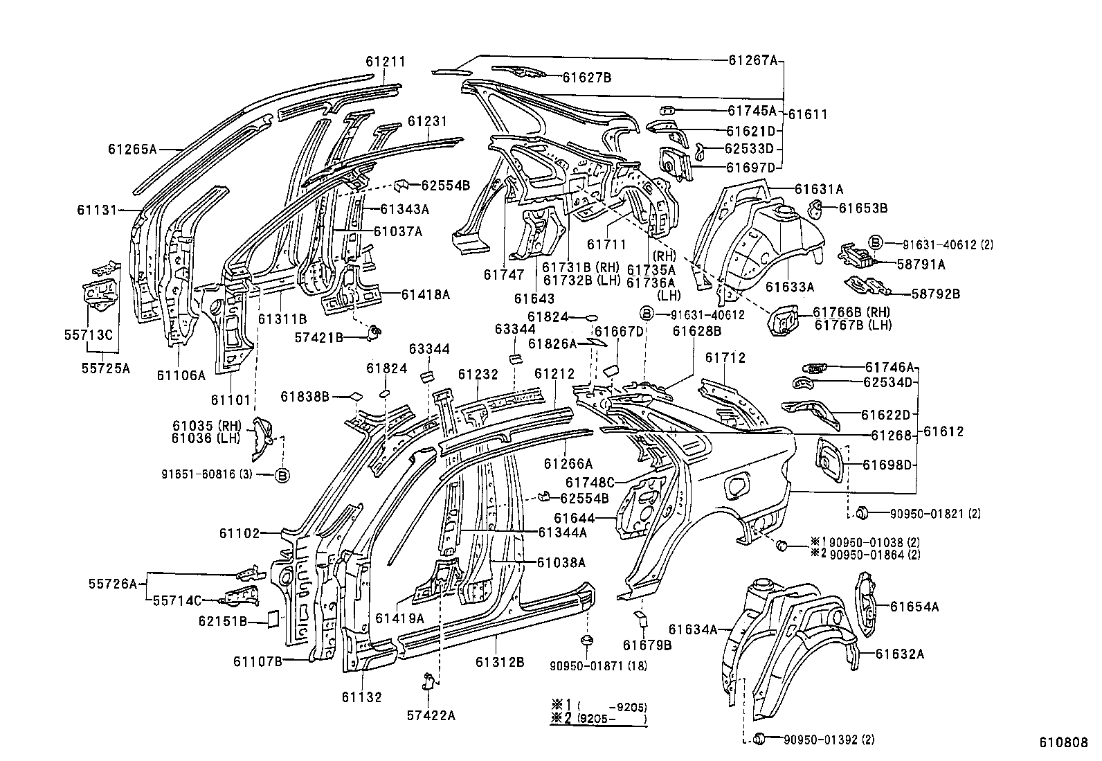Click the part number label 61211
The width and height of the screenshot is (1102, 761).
(386, 62)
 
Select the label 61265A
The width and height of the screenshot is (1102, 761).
(133, 148)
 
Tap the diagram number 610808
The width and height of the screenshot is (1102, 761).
(1063, 742)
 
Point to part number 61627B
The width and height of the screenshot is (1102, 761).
(586, 78)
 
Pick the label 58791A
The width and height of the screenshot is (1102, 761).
(921, 264)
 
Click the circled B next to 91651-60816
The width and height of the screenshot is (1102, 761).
(282, 475)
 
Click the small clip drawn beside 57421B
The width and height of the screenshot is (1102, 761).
(374, 332)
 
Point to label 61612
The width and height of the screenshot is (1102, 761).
(944, 432)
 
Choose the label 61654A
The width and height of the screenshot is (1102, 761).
(914, 607)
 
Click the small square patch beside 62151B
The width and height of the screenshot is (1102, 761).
(273, 618)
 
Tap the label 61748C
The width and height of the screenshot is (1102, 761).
(590, 482)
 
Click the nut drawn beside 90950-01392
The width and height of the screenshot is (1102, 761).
(757, 739)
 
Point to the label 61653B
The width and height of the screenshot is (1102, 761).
(863, 207)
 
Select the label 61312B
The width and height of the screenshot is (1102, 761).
(499, 661)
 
